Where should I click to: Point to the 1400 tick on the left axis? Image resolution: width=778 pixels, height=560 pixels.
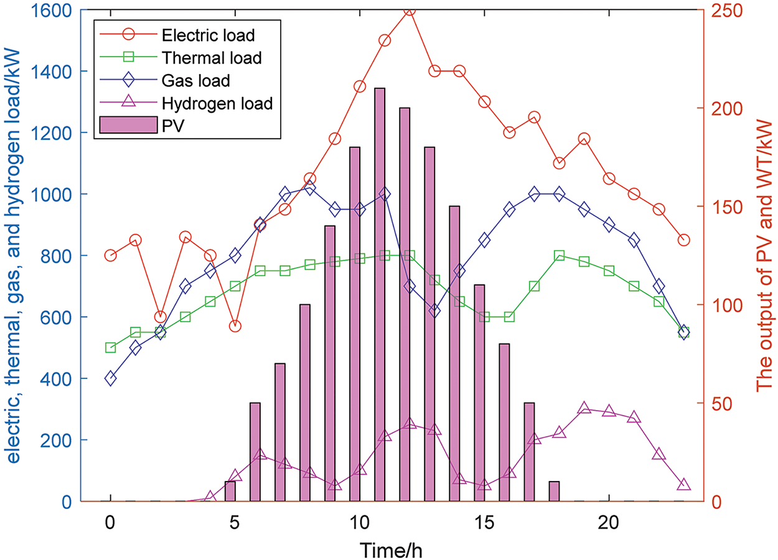[x=62, y=72]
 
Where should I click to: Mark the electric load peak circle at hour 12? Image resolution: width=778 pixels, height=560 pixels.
[x=410, y=11]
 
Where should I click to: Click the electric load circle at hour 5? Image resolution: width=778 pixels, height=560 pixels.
[x=235, y=326]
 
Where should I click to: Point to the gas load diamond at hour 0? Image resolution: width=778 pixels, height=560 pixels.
[x=111, y=378]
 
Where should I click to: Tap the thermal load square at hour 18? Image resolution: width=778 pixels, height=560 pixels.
[x=559, y=256]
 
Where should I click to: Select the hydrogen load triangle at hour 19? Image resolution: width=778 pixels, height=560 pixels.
[x=584, y=408]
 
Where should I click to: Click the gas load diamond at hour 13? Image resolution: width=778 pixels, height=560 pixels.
[x=434, y=311]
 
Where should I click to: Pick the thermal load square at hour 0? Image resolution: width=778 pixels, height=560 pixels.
[x=111, y=347]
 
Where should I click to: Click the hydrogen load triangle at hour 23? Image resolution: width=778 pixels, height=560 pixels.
[x=683, y=485]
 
